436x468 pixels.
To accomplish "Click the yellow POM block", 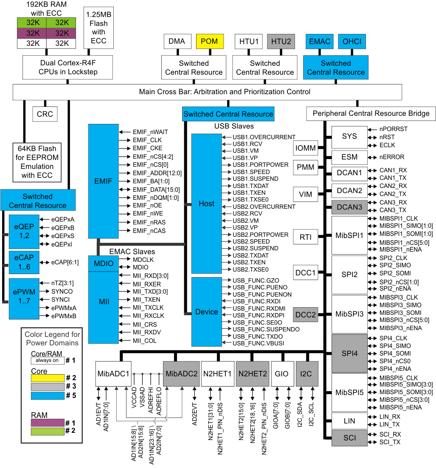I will point(209,41).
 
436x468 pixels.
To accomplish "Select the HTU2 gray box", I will point(281,41).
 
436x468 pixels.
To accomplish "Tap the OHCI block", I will point(352,41).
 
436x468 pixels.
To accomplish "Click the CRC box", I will point(45,114).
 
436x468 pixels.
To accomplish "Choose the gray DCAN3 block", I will point(349,207).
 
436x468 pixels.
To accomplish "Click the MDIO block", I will point(104,263).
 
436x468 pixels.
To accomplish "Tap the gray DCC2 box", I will point(306,315).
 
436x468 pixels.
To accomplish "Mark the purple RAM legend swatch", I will point(47,423).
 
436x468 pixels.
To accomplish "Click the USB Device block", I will point(206,312).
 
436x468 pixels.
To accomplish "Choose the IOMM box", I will point(306,148).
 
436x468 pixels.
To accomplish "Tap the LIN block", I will point(349,421).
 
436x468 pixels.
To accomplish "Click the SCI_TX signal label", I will point(390,442).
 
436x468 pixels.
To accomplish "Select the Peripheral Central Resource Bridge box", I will point(371,113).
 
